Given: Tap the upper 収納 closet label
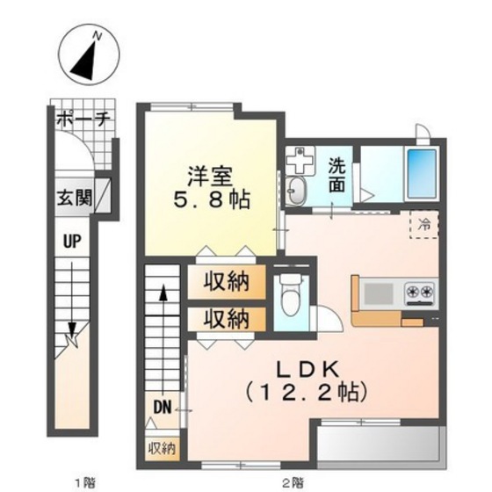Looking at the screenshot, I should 226,282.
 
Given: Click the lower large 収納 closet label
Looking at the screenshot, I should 226,317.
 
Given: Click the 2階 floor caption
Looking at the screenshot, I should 293,481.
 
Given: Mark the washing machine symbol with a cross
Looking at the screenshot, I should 300,162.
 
